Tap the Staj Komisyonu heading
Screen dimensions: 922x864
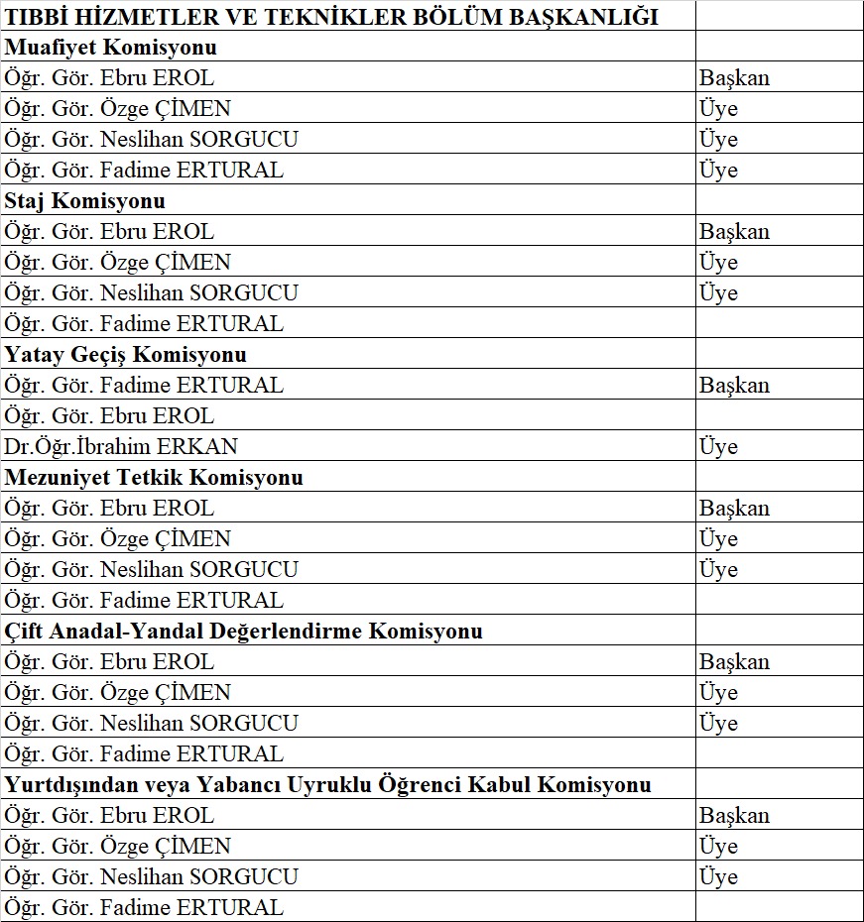[x=85, y=200]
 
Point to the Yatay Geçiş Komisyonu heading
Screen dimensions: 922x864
[x=126, y=354]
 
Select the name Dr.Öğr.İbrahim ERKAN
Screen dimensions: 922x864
[x=121, y=446]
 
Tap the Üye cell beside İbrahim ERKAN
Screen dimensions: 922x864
[x=718, y=446]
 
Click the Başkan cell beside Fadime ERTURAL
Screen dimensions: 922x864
[x=734, y=385]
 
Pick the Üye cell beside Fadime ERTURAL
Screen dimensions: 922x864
[x=718, y=170]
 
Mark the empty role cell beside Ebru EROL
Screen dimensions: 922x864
[x=779, y=415]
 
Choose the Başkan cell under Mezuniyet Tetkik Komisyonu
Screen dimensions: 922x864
[x=734, y=508]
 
